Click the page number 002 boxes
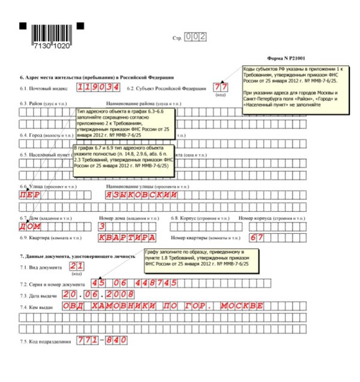[x=196, y=37]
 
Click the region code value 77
[x=221, y=88]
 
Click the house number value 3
[x=102, y=227]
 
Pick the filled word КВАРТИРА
[x=128, y=238]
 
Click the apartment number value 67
[x=257, y=238]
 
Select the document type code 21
[x=76, y=266]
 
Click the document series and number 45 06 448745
[x=134, y=283]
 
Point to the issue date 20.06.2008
[x=100, y=296]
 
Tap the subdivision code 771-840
[x=101, y=341]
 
